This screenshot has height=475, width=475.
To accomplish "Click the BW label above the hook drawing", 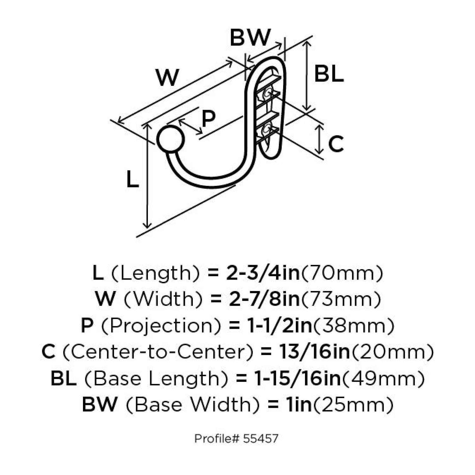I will point(250,38).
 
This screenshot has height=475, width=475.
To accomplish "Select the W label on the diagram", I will point(168,78).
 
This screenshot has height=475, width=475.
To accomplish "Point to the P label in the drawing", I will point(208,118).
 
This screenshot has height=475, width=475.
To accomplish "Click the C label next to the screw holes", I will point(336,144).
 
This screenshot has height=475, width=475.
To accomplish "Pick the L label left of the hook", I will point(132,179).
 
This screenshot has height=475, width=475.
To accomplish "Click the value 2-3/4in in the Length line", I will point(263,273).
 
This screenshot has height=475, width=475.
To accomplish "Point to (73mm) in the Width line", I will point(341,299).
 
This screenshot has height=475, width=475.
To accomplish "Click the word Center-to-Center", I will point(158,352).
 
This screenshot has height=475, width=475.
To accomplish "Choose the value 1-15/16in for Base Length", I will point(298,378).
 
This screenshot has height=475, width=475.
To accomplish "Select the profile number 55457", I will point(261,439).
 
